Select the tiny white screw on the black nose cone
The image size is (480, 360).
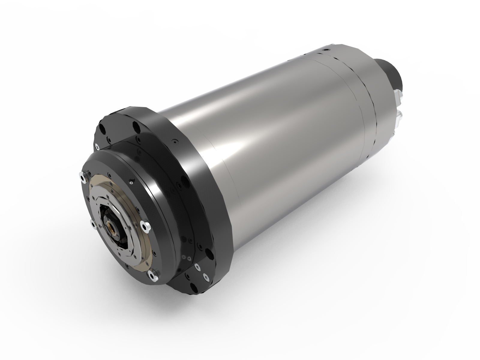point(131,182)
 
